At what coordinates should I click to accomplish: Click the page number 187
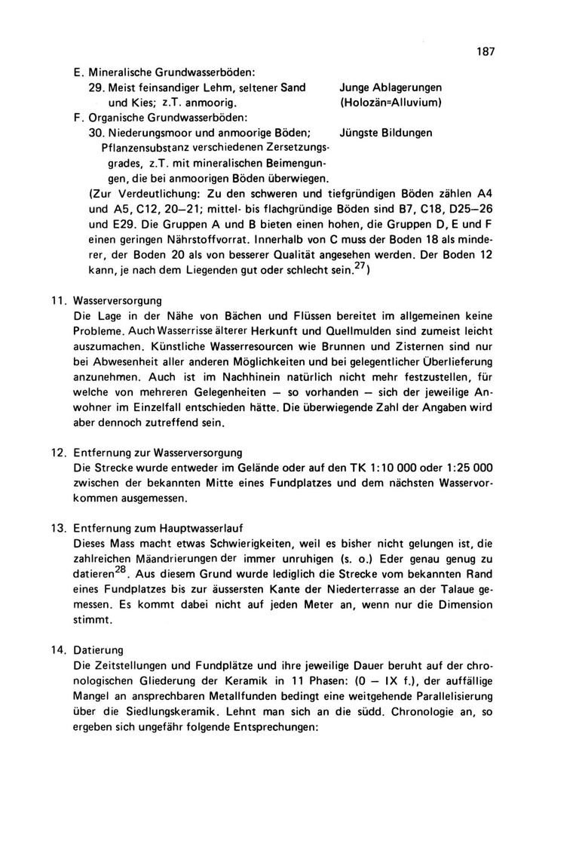(x=485, y=52)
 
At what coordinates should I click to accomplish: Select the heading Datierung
(x=101, y=648)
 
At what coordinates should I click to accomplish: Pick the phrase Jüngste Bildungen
(x=387, y=133)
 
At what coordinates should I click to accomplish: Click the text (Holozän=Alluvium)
(x=391, y=102)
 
